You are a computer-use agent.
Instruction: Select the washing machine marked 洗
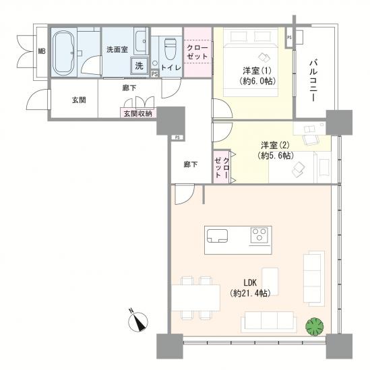pyautogui.click(x=140, y=65)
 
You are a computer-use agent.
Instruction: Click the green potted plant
pyautogui.click(x=314, y=327)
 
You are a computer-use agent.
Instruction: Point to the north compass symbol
pyautogui.click(x=138, y=321)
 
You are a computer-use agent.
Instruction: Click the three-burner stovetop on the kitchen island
pyautogui.click(x=259, y=235)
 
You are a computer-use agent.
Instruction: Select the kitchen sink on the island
pyautogui.click(x=217, y=236)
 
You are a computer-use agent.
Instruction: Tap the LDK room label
pyautogui.click(x=250, y=282)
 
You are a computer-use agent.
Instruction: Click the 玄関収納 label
pyautogui.click(x=137, y=113)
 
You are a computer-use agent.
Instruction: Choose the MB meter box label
pyautogui.click(x=42, y=51)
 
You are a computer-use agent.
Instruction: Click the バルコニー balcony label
pyautogui.click(x=313, y=81)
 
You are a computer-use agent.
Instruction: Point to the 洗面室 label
pyautogui.click(x=117, y=50)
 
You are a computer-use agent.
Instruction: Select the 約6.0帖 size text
pyautogui.click(x=257, y=81)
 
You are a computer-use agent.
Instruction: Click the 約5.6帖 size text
pyautogui.click(x=276, y=156)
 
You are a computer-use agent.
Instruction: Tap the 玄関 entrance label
pyautogui.click(x=79, y=100)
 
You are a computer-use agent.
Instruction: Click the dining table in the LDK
pyautogui.click(x=196, y=298)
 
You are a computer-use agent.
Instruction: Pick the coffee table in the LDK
pyautogui.click(x=270, y=282)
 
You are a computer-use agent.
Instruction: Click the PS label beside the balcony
pyautogui.click(x=289, y=37)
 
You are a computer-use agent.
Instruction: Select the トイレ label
pyautogui.click(x=171, y=67)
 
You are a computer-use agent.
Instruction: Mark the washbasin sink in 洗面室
pyautogui.click(x=141, y=41)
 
